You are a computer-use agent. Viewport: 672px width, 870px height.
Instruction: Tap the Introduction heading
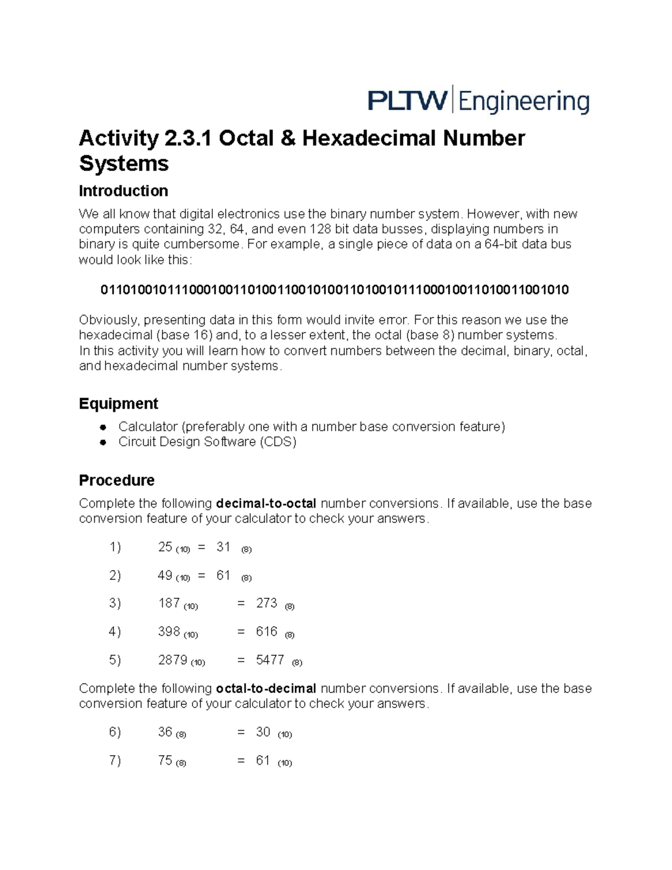pyautogui.click(x=123, y=191)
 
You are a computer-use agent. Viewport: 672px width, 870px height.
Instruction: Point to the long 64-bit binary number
pyautogui.click(x=334, y=290)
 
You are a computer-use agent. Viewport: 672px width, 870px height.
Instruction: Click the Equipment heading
pyautogui.click(x=118, y=403)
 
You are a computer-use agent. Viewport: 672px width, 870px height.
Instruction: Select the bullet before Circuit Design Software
pyautogui.click(x=103, y=442)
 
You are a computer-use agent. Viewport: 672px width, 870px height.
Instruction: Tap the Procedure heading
pyautogui.click(x=116, y=480)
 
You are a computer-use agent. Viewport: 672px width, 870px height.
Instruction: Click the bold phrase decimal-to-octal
pyautogui.click(x=266, y=503)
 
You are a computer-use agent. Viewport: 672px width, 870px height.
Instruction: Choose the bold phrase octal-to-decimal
pyautogui.click(x=266, y=688)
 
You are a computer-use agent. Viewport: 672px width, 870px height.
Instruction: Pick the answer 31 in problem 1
pyautogui.click(x=223, y=547)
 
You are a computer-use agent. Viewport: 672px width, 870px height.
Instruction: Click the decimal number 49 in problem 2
pyautogui.click(x=165, y=575)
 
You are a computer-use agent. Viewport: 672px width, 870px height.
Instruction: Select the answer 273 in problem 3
pyautogui.click(x=267, y=603)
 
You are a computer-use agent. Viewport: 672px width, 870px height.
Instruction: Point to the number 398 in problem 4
pyautogui.click(x=169, y=631)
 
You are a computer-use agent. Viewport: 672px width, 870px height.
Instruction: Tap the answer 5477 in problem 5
pyautogui.click(x=270, y=660)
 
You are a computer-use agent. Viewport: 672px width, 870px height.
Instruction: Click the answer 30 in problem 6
pyautogui.click(x=263, y=732)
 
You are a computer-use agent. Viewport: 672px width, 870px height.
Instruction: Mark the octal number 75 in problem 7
pyautogui.click(x=165, y=760)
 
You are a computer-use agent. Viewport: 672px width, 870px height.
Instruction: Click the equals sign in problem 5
pyautogui.click(x=241, y=660)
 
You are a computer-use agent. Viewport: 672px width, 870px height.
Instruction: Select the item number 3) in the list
pyautogui.click(x=115, y=603)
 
